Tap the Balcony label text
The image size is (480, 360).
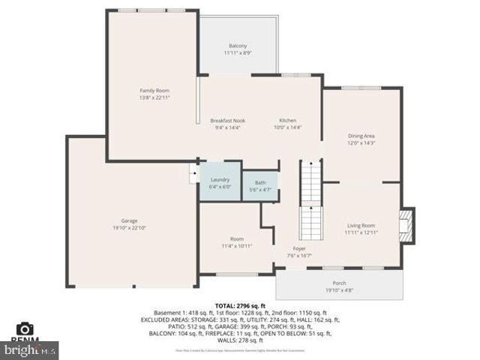point(238,46)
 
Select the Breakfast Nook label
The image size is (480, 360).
point(227,120)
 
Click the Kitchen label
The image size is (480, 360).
point(288,120)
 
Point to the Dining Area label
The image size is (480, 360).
point(361,136)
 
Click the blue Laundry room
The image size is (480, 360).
point(220,182)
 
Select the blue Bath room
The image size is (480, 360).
point(260,185)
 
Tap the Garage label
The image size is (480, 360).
point(129,220)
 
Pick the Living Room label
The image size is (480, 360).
point(361,225)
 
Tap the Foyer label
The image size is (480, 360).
point(299,248)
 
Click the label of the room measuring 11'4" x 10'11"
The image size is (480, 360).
point(237,238)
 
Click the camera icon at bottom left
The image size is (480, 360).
point(25,328)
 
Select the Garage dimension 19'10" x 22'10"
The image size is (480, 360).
point(129,227)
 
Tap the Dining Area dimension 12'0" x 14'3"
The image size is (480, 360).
point(361,142)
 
